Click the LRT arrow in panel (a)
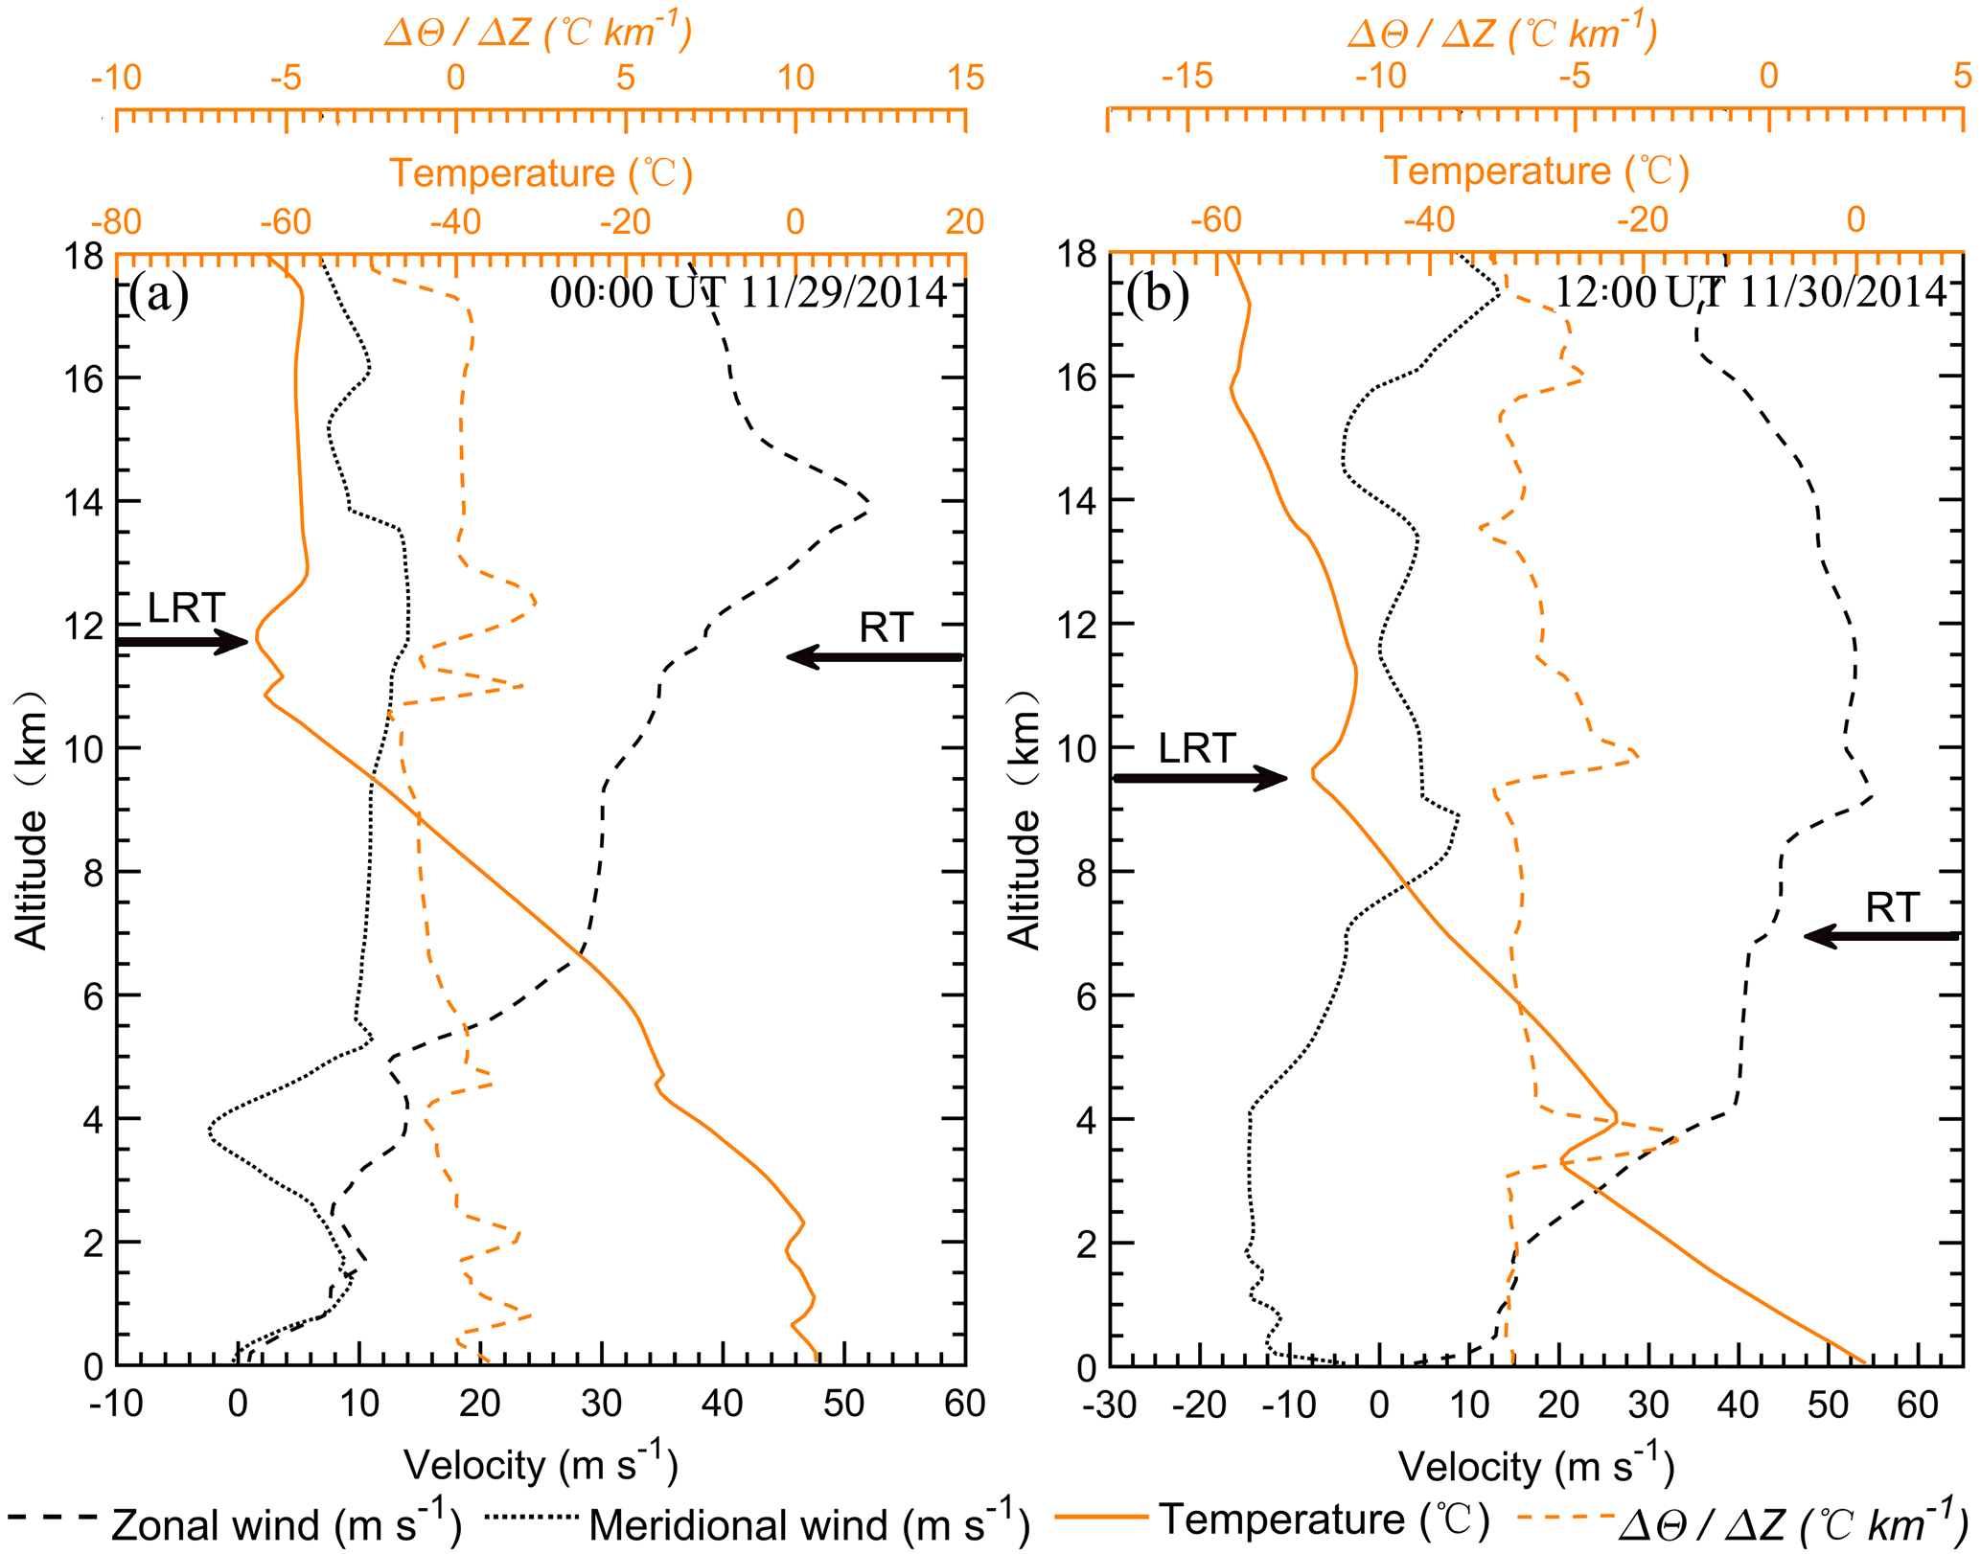[182, 641]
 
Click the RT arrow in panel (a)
[873, 656]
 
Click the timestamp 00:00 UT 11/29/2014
[749, 292]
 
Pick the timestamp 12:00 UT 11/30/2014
[1750, 292]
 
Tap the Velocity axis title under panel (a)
[541, 1465]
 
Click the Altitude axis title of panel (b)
[1024, 819]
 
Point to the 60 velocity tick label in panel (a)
[964, 1404]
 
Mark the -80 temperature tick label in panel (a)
[116, 222]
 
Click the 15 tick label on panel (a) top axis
[965, 78]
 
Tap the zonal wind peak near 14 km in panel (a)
[866, 501]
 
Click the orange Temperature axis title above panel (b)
[1536, 171]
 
